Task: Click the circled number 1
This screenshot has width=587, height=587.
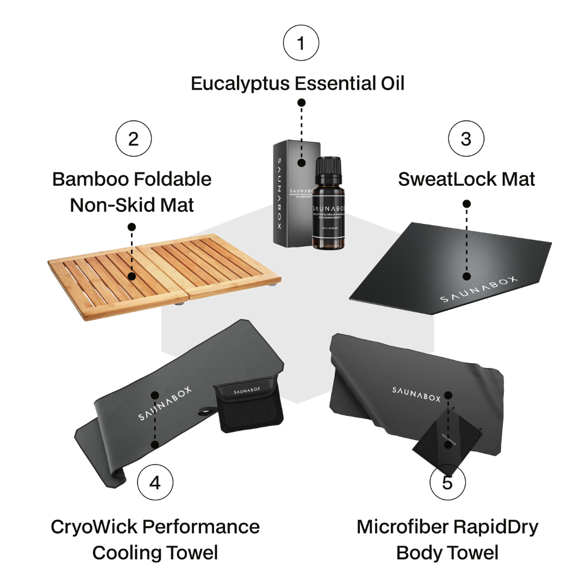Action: (301, 42)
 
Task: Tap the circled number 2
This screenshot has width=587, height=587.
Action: (133, 139)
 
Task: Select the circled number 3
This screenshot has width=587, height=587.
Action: (466, 139)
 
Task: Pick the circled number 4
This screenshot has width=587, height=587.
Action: (155, 482)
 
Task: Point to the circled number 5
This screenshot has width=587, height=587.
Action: (447, 482)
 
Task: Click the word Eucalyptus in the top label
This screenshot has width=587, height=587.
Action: (240, 84)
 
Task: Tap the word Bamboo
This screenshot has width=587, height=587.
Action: (89, 179)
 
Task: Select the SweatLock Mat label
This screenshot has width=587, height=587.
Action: (466, 179)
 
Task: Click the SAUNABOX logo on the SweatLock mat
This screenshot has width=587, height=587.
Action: (478, 290)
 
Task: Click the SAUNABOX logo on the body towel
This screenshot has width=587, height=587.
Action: (416, 394)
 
